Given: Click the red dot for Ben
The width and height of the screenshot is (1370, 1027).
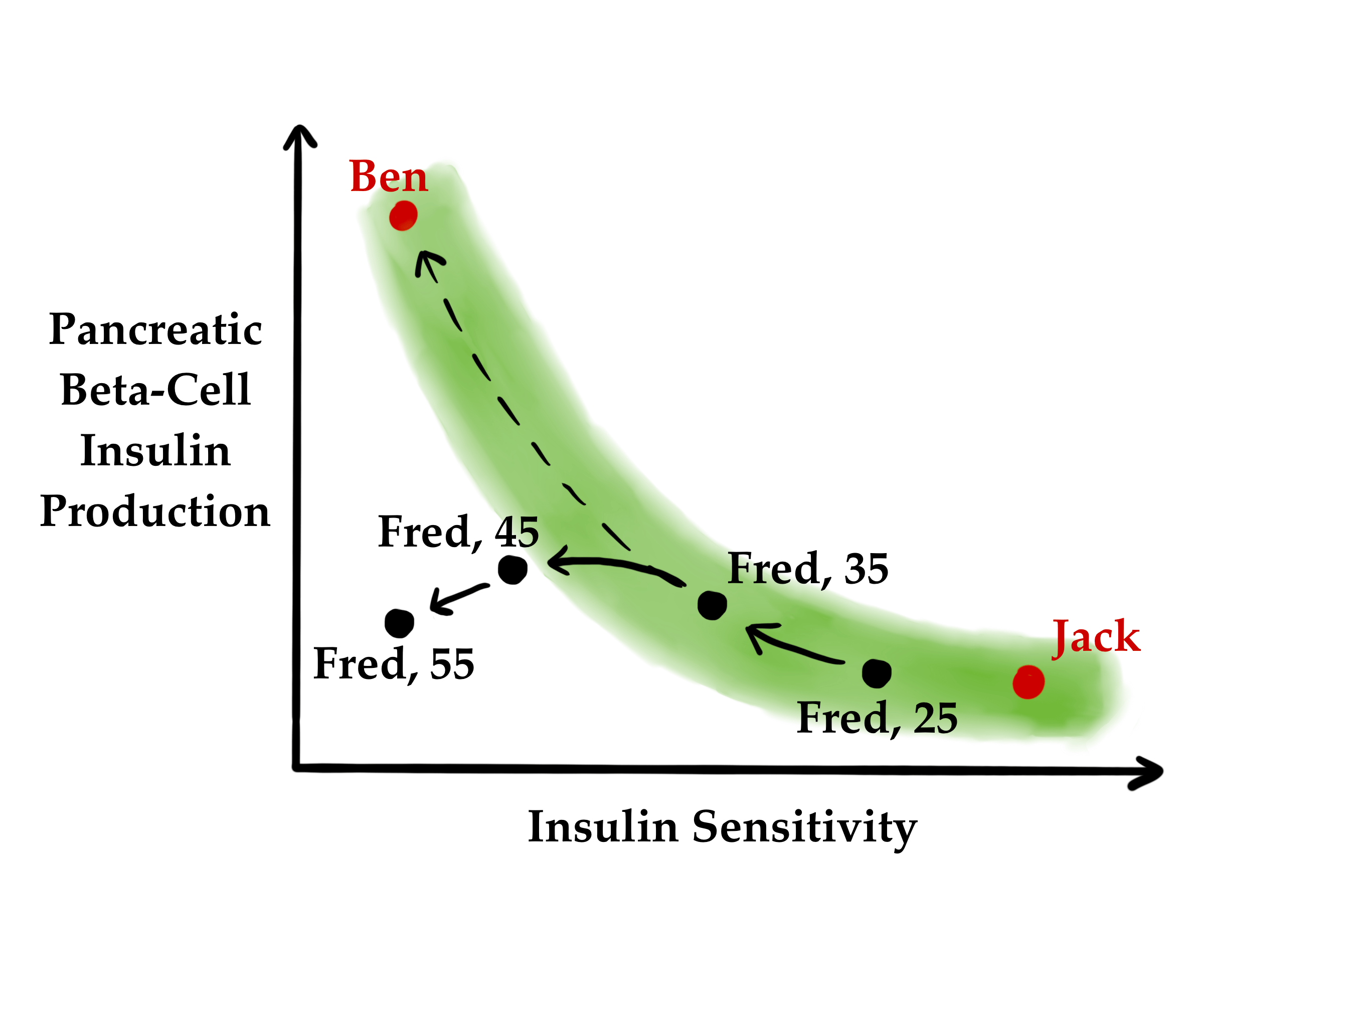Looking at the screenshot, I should tap(403, 216).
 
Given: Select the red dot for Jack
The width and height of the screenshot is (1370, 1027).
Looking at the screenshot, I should tap(1028, 682).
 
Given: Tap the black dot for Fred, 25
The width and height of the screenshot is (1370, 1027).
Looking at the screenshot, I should tap(877, 673).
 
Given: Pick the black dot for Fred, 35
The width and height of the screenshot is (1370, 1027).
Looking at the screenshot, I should tap(712, 605).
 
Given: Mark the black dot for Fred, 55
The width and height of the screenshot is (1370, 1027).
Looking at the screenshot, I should tap(399, 622).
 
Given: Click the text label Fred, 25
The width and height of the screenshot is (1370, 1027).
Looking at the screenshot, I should tap(877, 719).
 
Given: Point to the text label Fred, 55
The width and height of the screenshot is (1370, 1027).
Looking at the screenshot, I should tap(394, 664).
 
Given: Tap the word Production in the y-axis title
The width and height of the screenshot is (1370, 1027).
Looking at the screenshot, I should tap(155, 511).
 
